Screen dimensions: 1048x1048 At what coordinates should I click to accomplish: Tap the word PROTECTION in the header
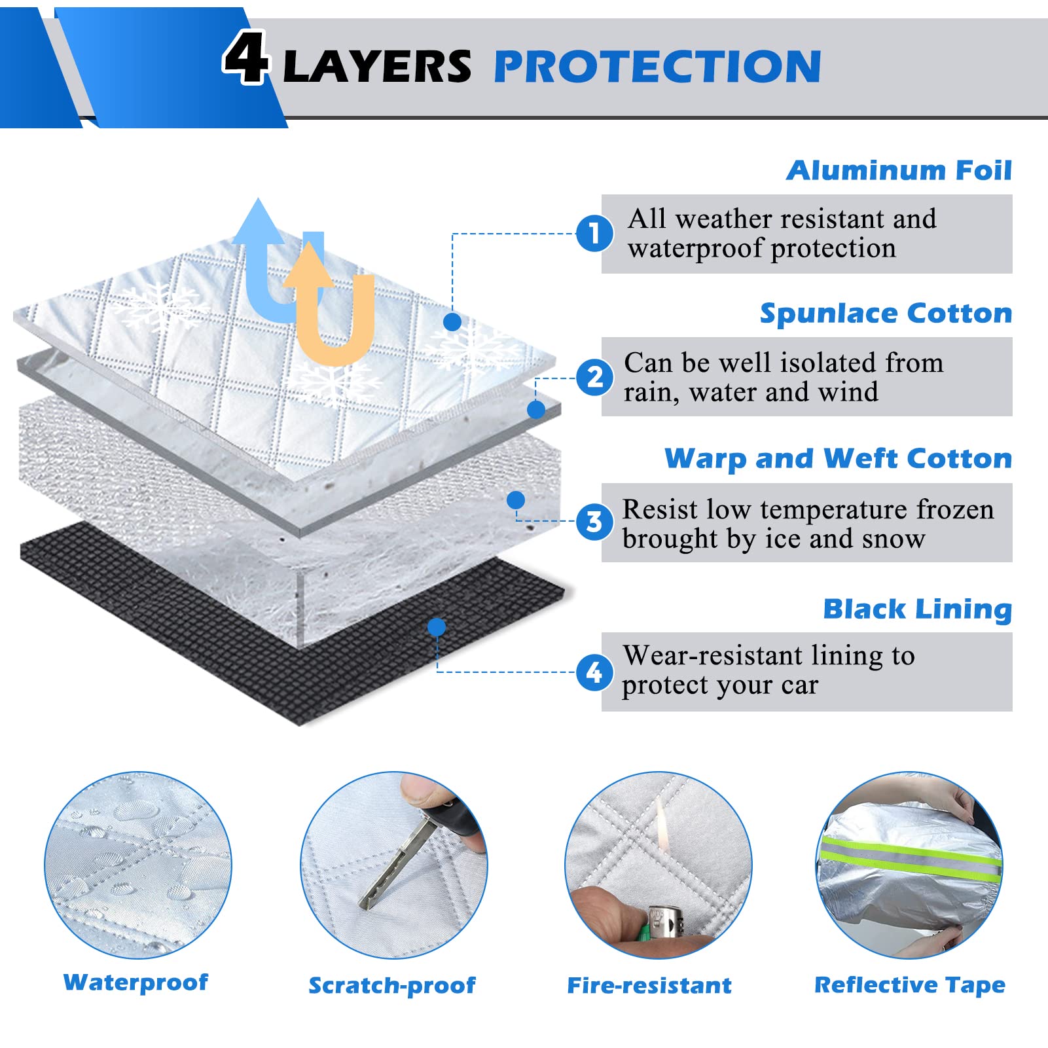(x=657, y=66)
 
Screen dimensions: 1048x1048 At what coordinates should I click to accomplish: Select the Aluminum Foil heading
(x=899, y=170)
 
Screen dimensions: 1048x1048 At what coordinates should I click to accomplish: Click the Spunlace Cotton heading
(x=886, y=314)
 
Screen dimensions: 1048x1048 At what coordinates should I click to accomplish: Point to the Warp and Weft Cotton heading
(x=838, y=458)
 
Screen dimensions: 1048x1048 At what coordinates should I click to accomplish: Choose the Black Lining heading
(x=917, y=609)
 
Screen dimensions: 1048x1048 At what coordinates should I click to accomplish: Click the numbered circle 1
(x=594, y=234)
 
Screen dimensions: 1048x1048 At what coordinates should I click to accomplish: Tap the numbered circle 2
(x=594, y=378)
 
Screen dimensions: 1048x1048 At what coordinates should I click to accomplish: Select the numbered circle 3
(x=594, y=522)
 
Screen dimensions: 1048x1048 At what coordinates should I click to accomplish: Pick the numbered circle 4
(x=594, y=672)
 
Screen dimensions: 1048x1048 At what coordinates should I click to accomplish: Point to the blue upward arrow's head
(x=258, y=219)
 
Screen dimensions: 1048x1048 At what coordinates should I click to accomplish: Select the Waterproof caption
(x=136, y=982)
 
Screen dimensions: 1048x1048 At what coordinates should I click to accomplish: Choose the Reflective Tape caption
(x=909, y=985)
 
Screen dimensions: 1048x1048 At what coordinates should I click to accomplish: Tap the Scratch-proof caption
(x=391, y=985)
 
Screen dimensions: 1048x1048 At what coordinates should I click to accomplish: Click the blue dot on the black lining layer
(x=437, y=627)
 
